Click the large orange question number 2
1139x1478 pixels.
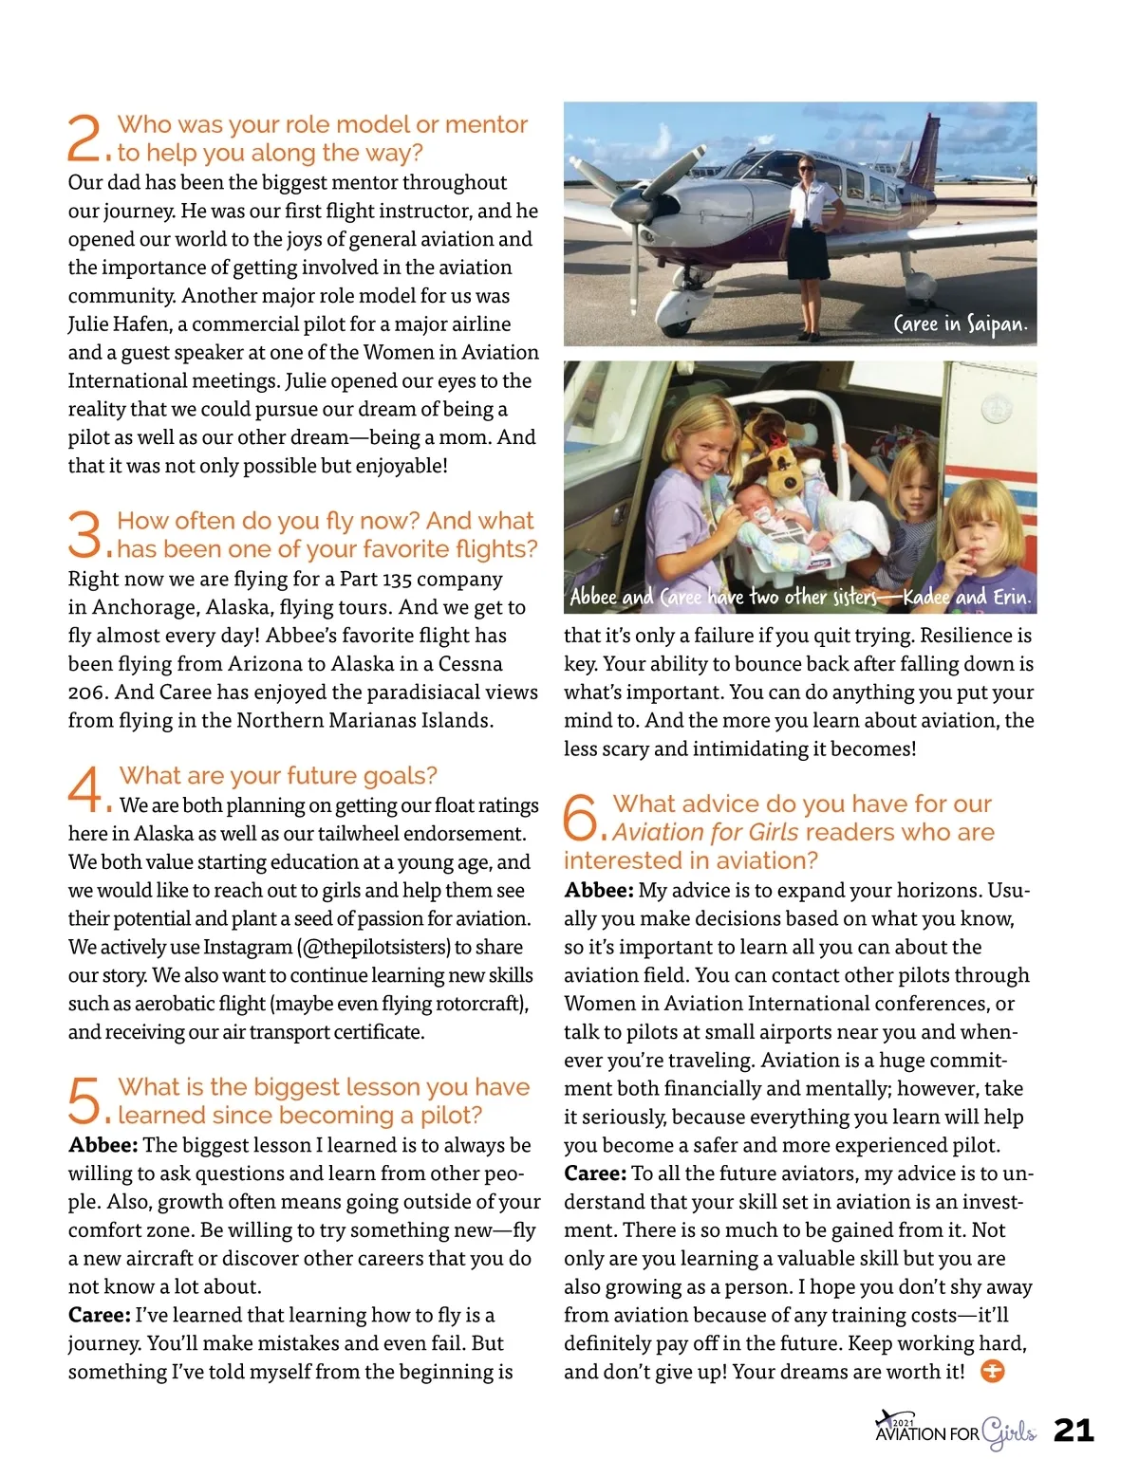84,139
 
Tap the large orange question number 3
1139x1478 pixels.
84,534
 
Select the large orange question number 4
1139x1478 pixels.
84,789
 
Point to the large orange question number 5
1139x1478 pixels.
84,1100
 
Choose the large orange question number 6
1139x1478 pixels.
579,818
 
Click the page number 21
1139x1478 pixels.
1074,1430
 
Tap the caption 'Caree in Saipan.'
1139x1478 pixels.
960,324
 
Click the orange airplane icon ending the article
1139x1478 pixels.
992,1372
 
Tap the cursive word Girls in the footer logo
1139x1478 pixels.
1008,1432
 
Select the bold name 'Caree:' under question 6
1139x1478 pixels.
594,1173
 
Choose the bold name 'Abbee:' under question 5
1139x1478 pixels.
103,1145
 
